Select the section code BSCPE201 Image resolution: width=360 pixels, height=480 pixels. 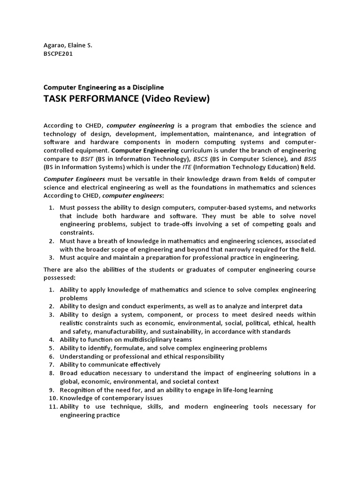[59, 53]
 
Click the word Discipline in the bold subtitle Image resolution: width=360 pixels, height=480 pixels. [146, 87]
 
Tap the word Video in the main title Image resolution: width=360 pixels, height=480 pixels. [152, 99]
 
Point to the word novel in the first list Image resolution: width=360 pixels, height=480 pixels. [307, 216]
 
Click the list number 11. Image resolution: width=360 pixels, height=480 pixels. [52, 407]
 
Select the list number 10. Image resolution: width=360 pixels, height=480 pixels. [52, 398]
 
